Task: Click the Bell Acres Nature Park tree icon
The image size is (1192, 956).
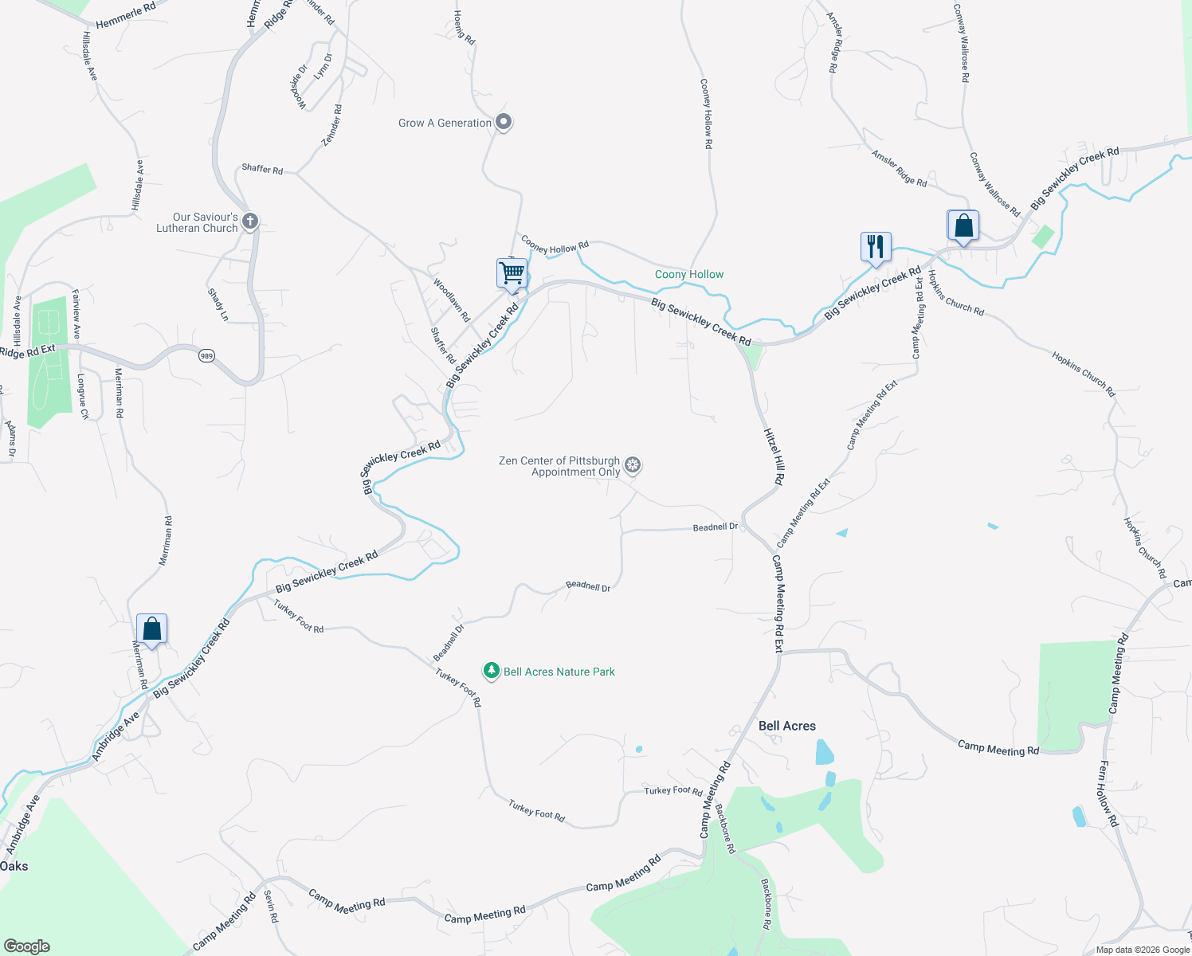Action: pos(492,671)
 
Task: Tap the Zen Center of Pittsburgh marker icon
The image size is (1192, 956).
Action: pos(633,465)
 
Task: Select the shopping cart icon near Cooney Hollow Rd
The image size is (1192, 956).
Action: pos(512,273)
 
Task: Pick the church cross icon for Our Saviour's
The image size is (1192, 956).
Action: pos(250,221)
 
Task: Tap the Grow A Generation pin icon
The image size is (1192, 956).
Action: pos(504,122)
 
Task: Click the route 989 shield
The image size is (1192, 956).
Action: pos(207,355)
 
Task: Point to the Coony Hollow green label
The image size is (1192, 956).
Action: pos(689,274)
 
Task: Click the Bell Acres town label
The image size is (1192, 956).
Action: pos(786,726)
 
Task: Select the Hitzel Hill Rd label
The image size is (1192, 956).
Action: pos(774,456)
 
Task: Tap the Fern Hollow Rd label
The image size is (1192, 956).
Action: pos(1108,793)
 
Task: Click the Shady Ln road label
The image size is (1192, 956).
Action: pos(218,305)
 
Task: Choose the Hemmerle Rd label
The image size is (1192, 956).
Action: pos(126,16)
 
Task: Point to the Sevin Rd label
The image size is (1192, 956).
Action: pos(271,906)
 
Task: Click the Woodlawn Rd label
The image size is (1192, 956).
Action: pos(452,300)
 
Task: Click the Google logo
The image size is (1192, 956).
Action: pos(27,946)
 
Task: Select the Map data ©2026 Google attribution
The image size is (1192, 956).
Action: pos(1143,950)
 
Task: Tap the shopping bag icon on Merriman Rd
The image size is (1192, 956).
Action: pos(151,629)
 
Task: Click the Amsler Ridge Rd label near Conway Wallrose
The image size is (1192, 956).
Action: pos(899,169)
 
